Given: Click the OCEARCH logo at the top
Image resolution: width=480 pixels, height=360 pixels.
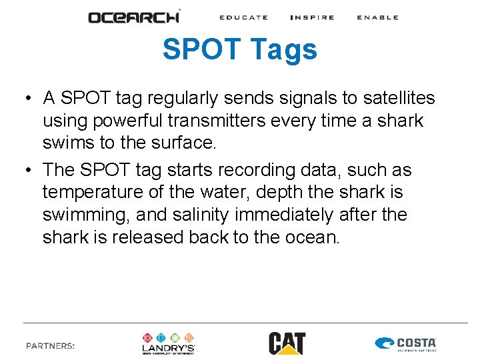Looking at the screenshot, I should coord(134,17).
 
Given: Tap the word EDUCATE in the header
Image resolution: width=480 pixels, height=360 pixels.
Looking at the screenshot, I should coord(243,17).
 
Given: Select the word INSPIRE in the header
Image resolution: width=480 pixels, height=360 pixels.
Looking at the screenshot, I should coord(312,17).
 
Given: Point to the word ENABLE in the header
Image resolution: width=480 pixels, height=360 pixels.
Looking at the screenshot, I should coord(377,17).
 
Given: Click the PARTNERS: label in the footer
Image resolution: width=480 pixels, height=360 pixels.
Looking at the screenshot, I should coord(51,346).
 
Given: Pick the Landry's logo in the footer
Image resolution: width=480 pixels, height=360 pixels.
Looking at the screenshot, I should coord(168,343).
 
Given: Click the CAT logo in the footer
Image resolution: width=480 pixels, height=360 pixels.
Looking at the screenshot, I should coord(287,343).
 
